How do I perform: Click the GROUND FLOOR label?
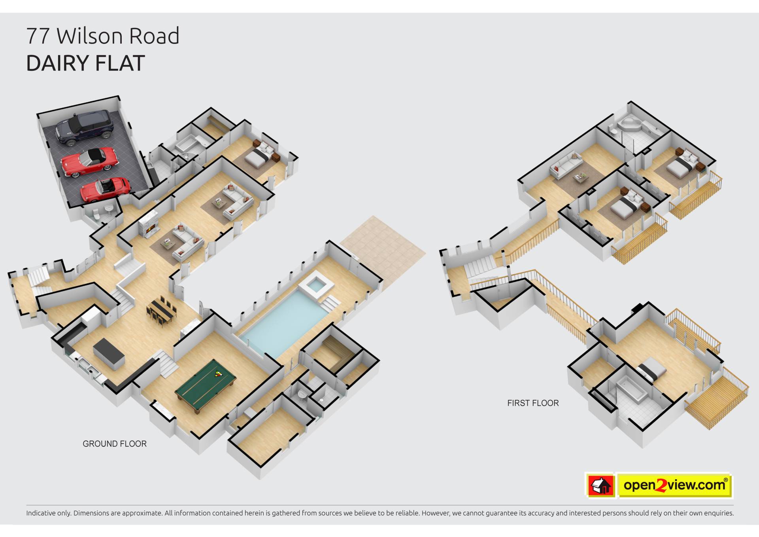coord(115,444)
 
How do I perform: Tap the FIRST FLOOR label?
coord(533,403)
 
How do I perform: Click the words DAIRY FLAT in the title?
coord(85,63)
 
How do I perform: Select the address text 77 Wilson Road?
coord(103,36)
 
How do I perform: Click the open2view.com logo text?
coord(674,485)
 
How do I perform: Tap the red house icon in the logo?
coord(600,485)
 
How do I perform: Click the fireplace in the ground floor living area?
coord(148,226)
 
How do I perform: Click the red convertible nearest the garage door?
coord(105,189)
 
